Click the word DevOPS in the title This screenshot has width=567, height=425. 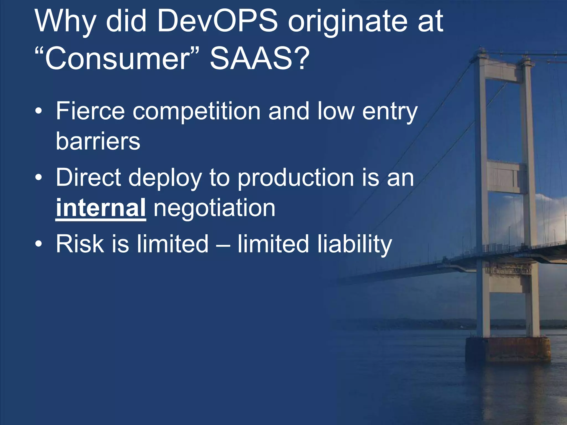tap(217, 21)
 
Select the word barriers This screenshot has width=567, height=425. tap(98, 141)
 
